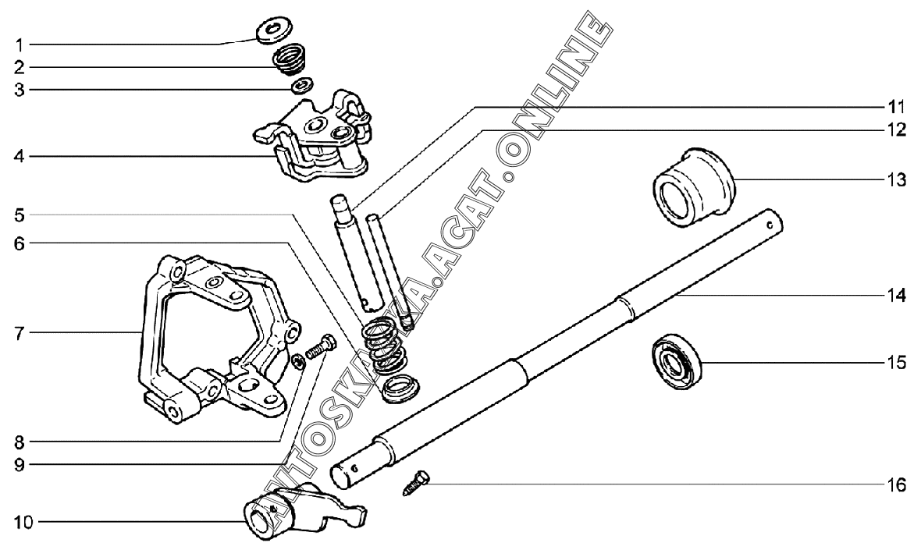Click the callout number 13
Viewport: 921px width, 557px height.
[x=896, y=180]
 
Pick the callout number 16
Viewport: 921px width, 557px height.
[x=896, y=486]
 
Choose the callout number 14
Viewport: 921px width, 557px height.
[x=896, y=296]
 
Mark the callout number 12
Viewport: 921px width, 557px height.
[x=896, y=129]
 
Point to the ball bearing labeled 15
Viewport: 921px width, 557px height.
[x=677, y=360]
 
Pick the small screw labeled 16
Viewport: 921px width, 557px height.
[x=418, y=483]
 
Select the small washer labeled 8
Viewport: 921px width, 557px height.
[x=297, y=360]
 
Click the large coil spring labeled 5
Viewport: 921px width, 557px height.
[x=386, y=343]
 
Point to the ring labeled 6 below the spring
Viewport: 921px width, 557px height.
[x=400, y=386]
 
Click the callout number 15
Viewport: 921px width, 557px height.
[x=896, y=362]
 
